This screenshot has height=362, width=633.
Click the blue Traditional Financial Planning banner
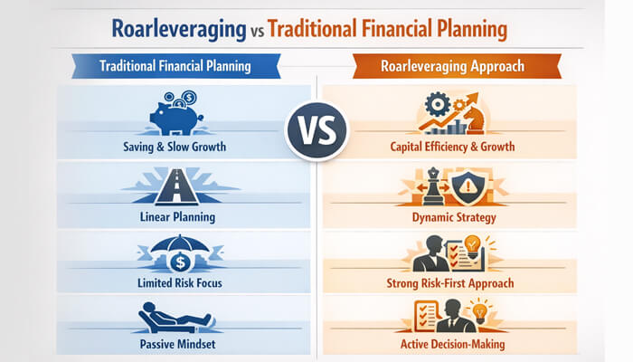pos(175,65)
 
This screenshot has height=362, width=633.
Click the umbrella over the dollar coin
pos(175,247)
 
